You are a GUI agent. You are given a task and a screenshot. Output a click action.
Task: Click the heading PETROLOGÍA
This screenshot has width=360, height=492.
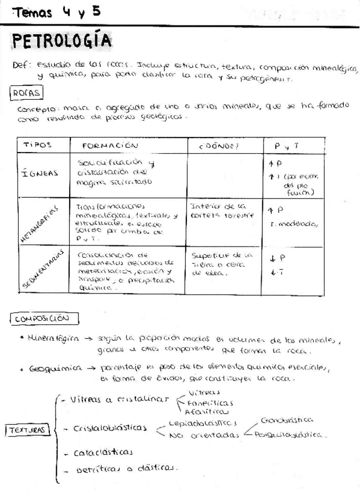[62, 42]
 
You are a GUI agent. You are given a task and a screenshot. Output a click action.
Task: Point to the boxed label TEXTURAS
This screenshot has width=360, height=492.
[27, 430]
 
